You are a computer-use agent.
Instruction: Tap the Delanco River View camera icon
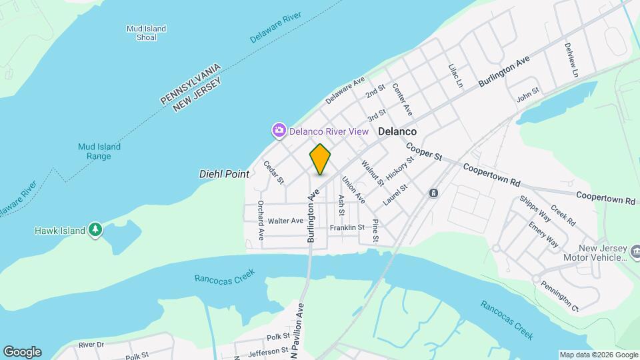279,129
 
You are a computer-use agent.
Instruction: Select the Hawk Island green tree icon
95,230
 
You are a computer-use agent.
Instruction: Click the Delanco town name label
397,132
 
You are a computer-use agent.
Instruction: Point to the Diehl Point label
224,174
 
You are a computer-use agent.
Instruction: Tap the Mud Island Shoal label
146,33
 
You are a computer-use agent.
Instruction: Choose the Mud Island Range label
99,151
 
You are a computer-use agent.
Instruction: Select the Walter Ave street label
285,221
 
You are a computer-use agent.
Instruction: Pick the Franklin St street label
347,227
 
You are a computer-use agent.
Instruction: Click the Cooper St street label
424,153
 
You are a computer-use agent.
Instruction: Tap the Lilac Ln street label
455,75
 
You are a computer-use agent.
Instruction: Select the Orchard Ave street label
261,220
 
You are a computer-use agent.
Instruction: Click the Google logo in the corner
22,352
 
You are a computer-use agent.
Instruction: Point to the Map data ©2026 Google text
599,355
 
